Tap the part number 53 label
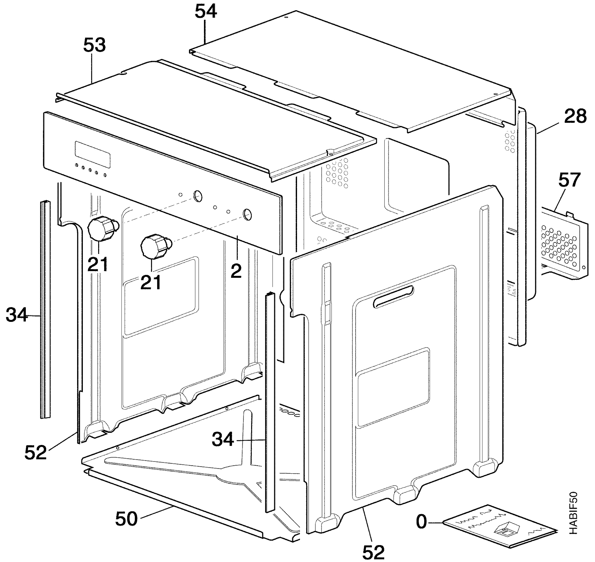click(94, 45)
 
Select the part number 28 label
click(575, 116)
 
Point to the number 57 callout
click(569, 180)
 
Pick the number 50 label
click(126, 519)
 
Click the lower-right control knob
click(156, 246)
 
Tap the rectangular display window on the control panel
click(92, 155)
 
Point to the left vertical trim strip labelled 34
click(46, 310)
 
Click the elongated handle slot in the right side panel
click(393, 296)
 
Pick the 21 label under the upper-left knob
click(98, 264)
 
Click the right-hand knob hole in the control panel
click(247, 215)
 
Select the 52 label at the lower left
click(36, 452)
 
